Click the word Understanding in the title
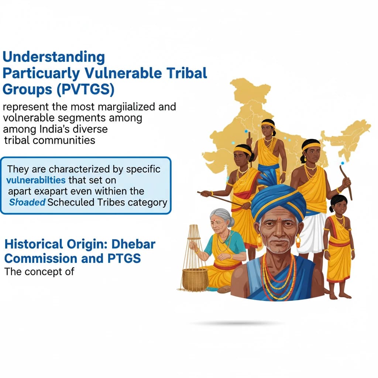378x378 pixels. [54, 57]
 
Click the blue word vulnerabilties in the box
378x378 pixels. [36, 181]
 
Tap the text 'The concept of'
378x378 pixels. [39, 272]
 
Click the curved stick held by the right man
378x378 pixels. [346, 181]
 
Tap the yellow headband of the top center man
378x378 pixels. [268, 124]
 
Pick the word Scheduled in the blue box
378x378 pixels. [83, 203]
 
